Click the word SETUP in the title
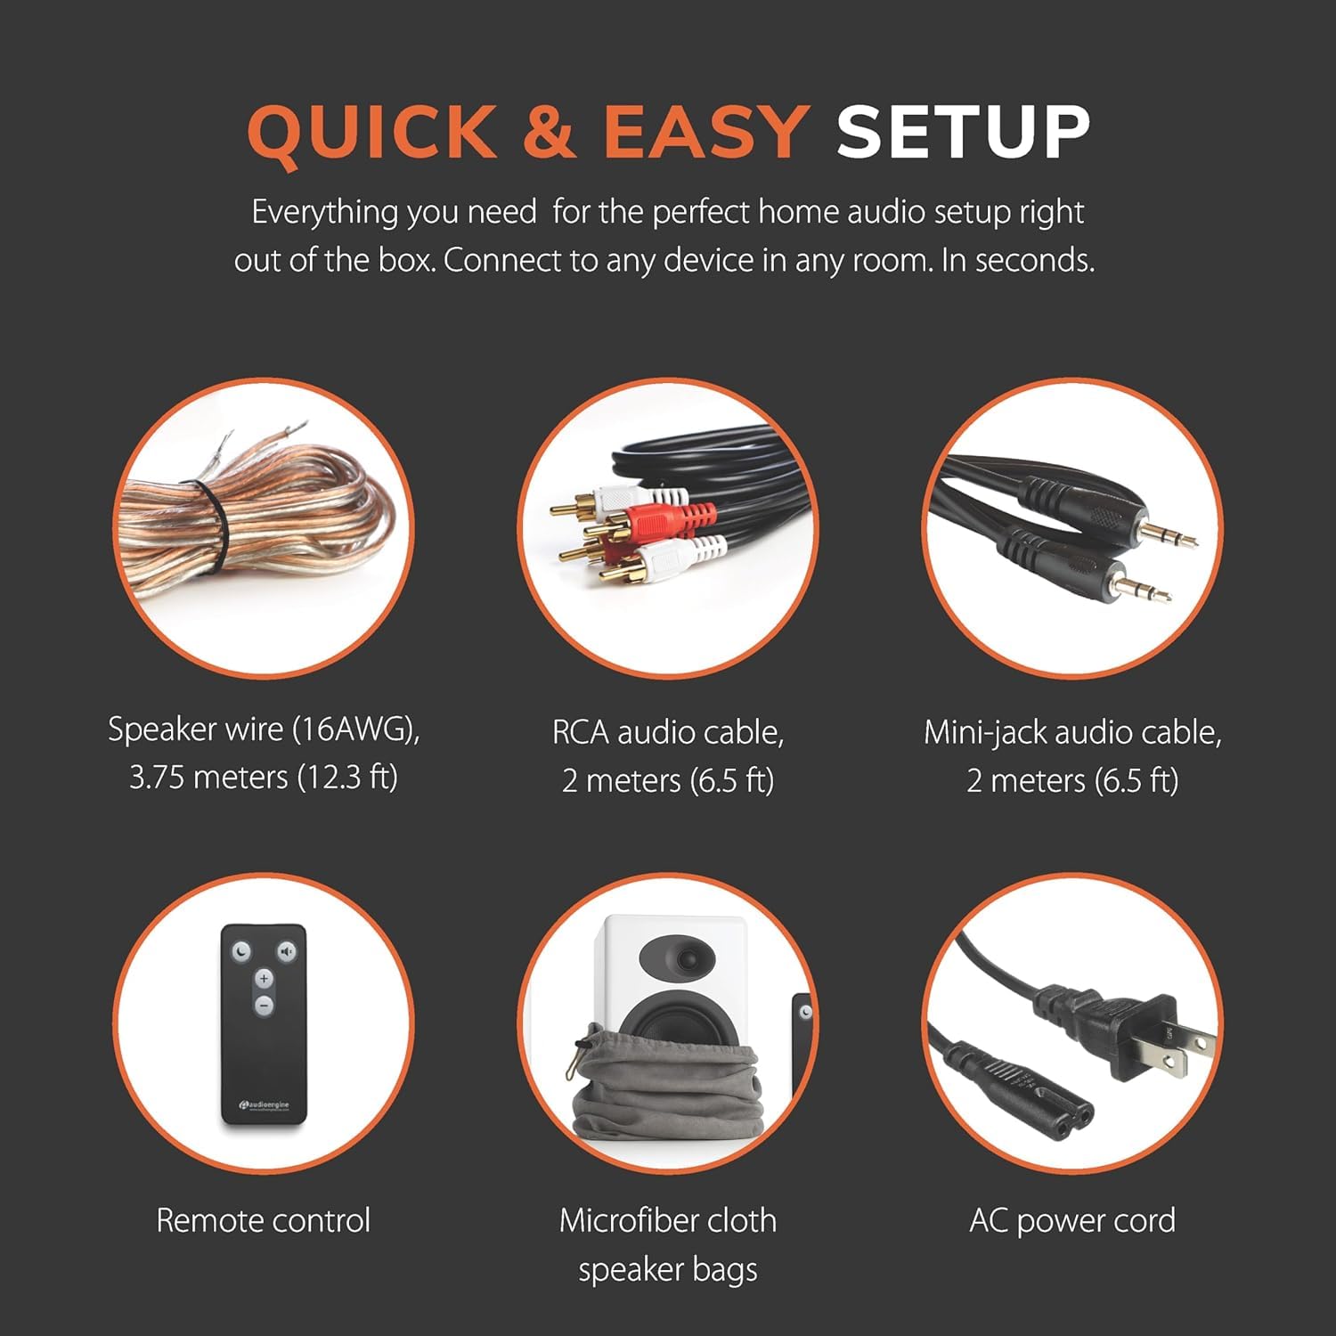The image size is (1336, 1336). (962, 133)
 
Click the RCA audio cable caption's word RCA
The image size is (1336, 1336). (581, 733)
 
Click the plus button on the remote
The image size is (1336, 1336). (264, 979)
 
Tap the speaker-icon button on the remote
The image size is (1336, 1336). (286, 952)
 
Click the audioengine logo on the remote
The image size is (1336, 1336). (264, 1105)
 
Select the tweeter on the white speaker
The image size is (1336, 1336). (687, 958)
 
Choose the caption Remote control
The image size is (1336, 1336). (263, 1220)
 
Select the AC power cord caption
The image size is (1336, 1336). (1071, 1220)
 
